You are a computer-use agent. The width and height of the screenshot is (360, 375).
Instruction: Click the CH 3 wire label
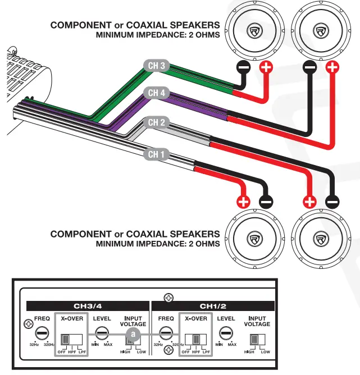point(156,66)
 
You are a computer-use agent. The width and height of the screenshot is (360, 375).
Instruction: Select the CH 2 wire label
point(156,122)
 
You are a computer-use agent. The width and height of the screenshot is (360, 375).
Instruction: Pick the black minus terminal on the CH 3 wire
point(243,68)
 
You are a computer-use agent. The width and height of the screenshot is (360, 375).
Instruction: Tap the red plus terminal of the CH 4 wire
point(332,68)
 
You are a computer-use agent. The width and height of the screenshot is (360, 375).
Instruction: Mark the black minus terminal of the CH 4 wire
point(309,68)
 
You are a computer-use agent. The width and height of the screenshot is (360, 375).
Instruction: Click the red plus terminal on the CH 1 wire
point(243,201)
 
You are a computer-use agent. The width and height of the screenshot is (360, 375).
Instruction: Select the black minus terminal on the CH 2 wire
point(332,201)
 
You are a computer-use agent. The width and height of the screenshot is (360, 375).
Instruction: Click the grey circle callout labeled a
point(133,334)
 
